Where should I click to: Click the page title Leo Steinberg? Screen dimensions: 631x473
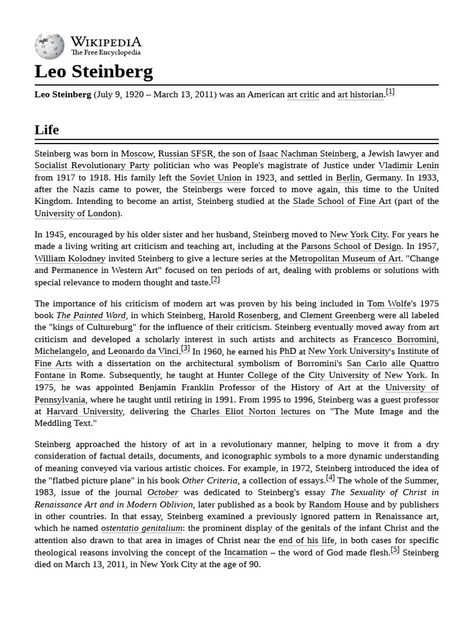94,72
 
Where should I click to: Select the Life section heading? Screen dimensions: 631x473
47,129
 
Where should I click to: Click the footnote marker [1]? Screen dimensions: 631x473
390,92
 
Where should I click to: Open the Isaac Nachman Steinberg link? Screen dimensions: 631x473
307,154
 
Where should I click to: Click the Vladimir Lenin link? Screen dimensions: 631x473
408,166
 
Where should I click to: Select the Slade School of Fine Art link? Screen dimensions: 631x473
342,202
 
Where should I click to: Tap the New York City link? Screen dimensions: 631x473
358,235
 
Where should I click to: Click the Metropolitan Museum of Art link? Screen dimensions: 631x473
345,259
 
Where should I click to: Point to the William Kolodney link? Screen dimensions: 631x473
70,259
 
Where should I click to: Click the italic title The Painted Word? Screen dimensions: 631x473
92,315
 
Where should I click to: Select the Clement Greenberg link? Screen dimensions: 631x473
338,315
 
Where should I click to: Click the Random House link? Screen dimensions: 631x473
339,505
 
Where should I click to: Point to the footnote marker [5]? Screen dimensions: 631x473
395,550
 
